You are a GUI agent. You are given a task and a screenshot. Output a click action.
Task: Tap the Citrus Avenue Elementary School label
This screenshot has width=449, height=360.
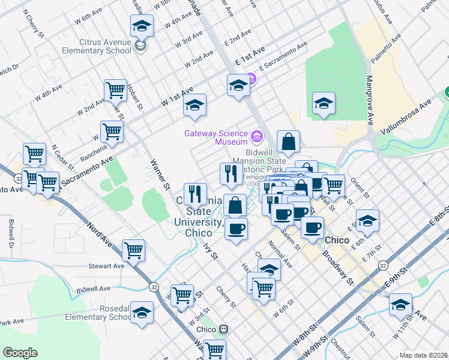tap(105, 46)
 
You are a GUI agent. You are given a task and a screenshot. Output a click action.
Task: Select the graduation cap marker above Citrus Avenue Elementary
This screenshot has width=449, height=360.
tap(142, 26)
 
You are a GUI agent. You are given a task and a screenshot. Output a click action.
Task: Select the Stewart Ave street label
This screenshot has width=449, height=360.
tap(106, 266)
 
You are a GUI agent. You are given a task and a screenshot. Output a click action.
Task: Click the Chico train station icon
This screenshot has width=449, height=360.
tap(223, 329)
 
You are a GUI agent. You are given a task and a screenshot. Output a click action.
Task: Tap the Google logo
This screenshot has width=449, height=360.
tap(20, 353)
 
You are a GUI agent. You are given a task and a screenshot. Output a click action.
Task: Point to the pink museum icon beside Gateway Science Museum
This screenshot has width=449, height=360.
tap(256, 137)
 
